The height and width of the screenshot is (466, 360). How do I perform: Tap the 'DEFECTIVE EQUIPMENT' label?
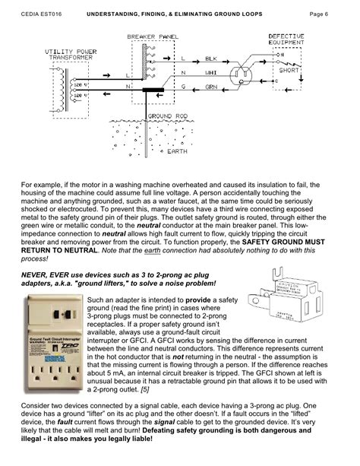[289, 40]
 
